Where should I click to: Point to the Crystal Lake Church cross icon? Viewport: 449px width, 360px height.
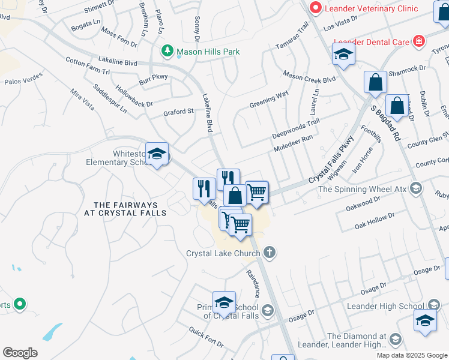click(270, 252)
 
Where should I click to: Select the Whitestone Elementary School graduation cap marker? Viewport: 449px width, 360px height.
click(157, 154)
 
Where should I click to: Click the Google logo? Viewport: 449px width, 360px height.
click(20, 352)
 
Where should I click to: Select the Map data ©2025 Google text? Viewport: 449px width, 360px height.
click(412, 355)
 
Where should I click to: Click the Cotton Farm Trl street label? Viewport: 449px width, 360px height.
click(88, 66)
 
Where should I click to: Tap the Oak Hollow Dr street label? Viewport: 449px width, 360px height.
click(375, 220)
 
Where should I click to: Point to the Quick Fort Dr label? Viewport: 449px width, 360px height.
click(206, 337)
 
